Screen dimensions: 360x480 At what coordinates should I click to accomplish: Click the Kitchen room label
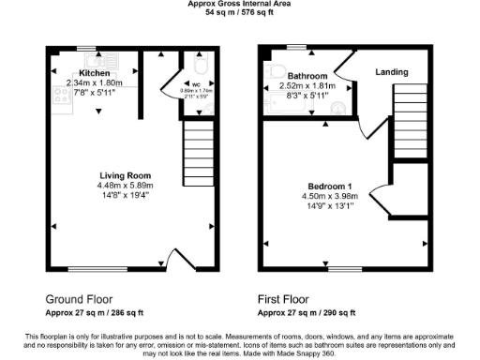(95, 73)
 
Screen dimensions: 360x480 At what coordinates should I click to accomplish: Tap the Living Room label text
(126, 175)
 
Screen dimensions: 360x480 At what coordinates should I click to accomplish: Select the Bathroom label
(307, 76)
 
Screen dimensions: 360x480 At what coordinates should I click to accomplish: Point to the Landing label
(391, 71)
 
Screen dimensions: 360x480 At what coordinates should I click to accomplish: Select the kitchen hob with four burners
(61, 94)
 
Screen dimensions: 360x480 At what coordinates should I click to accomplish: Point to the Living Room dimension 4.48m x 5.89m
(126, 186)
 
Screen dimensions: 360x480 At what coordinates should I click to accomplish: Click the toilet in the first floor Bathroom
(276, 71)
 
